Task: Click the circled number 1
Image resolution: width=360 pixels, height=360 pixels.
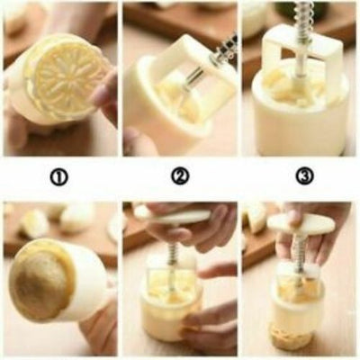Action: click(x=58, y=177)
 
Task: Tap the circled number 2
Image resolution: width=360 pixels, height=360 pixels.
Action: click(x=180, y=177)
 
